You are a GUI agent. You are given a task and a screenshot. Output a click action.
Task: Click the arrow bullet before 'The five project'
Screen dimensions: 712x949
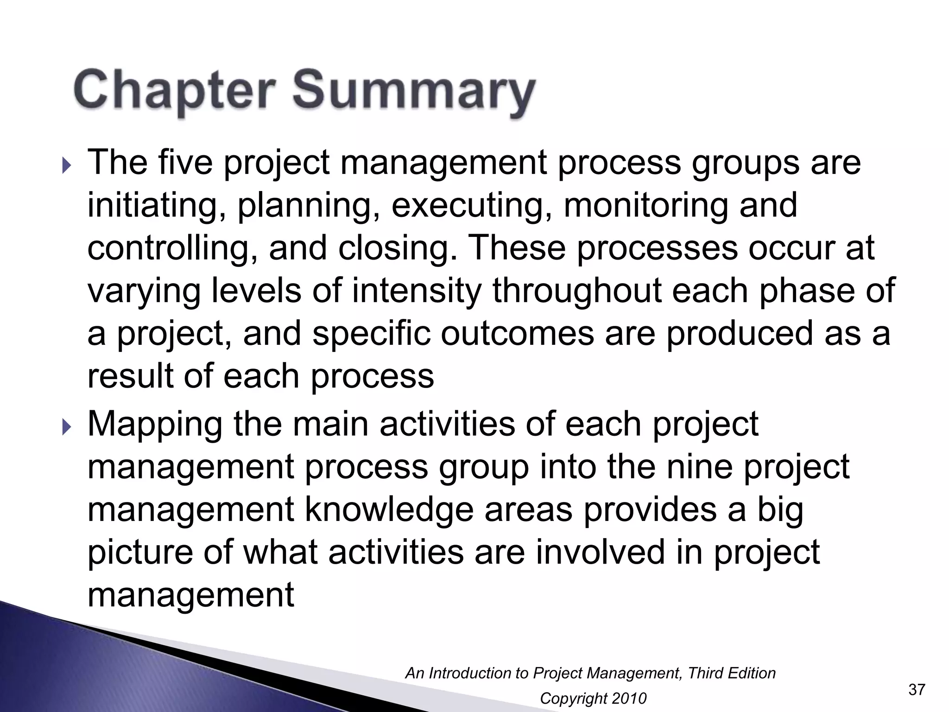(66, 165)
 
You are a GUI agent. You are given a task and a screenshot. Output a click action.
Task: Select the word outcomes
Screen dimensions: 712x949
(517, 334)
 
